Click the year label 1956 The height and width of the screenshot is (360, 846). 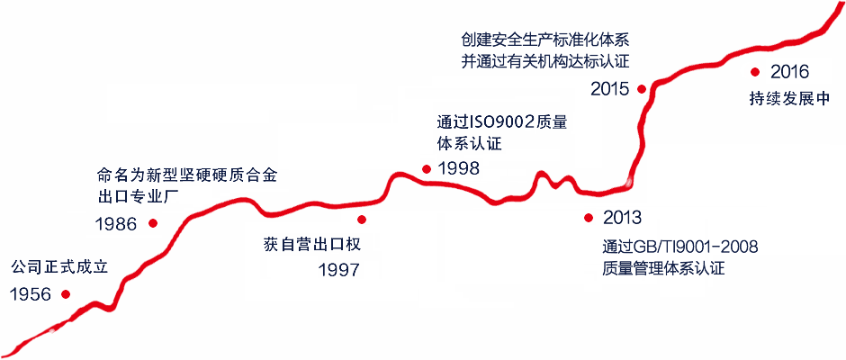[30, 294]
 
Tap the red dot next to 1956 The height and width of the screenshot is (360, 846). [66, 294]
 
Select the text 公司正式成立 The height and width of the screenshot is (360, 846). [58, 267]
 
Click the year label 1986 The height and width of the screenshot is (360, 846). [117, 223]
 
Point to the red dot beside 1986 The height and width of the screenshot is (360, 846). [153, 222]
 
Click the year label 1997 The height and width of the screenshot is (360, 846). [338, 270]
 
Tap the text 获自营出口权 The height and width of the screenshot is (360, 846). [311, 244]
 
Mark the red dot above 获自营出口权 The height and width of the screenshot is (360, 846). [362, 220]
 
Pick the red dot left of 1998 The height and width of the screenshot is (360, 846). [427, 168]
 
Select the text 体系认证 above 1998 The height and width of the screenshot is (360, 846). [470, 144]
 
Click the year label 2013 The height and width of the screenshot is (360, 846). [622, 218]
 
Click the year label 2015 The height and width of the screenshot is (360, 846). [610, 88]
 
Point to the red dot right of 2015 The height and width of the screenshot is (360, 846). [642, 88]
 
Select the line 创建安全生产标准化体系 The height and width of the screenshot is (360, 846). [544, 40]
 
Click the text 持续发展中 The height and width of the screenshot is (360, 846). [788, 99]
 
